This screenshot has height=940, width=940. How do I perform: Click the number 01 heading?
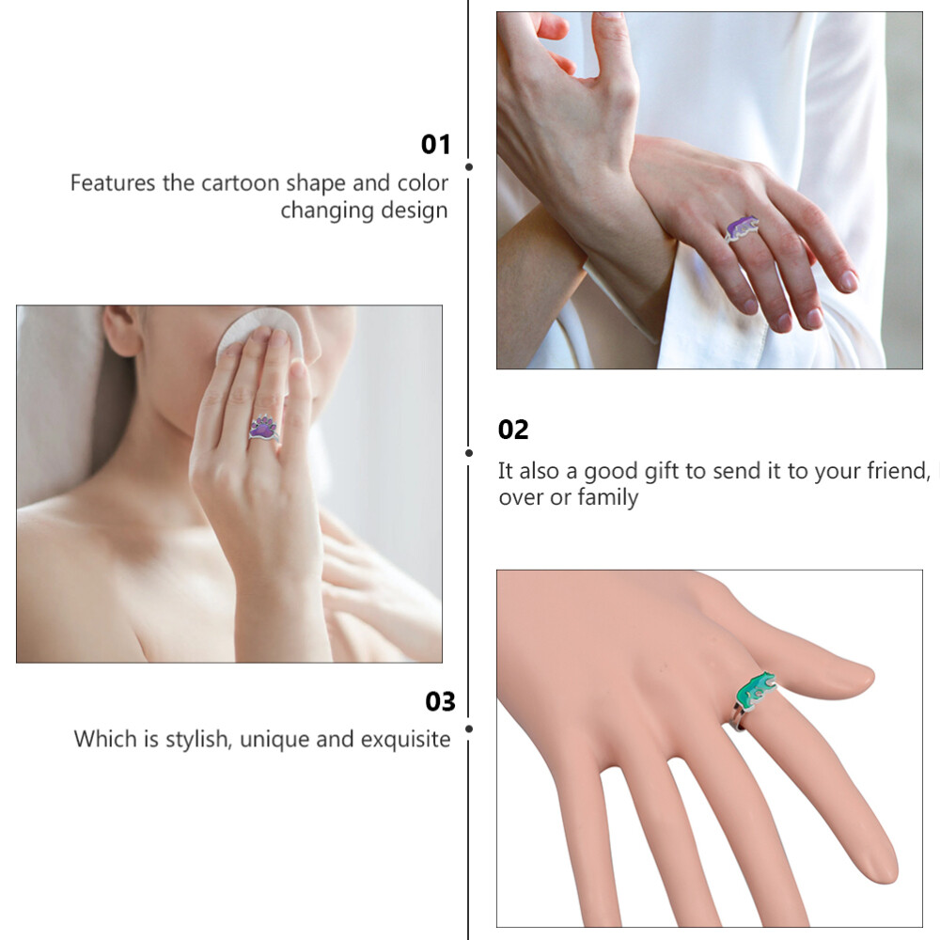tap(435, 145)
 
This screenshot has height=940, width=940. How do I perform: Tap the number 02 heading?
tap(513, 430)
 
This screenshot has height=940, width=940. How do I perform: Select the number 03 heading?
tap(440, 701)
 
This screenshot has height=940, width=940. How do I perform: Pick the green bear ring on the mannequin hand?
tap(755, 692)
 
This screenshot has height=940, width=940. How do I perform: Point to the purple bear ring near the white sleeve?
tap(743, 228)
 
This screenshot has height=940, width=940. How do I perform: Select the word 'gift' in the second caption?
tap(663, 472)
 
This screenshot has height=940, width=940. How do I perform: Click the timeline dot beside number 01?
tap(469, 166)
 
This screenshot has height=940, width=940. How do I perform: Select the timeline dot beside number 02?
tap(469, 453)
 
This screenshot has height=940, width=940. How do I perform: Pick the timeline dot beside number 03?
tap(469, 729)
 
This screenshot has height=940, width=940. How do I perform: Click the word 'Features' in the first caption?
tap(112, 183)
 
